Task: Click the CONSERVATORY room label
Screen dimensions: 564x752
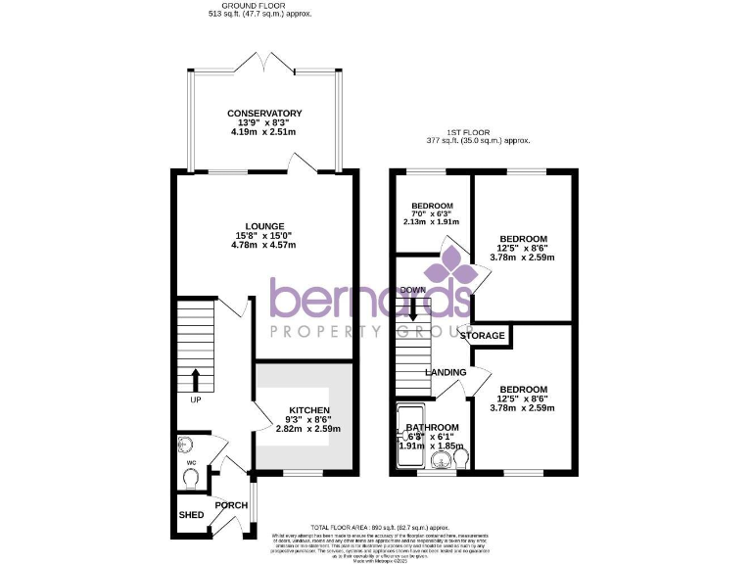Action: point(264,114)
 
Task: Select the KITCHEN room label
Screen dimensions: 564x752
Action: point(303,409)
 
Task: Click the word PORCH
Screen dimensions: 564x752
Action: point(232,505)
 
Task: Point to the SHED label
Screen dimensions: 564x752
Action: point(191,515)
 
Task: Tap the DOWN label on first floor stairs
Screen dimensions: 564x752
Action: point(412,291)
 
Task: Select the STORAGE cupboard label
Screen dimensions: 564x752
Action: point(483,336)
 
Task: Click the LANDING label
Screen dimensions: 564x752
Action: point(444,372)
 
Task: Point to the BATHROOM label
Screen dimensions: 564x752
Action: point(432,428)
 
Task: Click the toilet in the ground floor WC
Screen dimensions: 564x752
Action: point(191,476)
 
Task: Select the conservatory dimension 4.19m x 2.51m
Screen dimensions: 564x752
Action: point(264,131)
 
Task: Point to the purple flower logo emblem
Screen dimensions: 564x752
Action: point(451,265)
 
